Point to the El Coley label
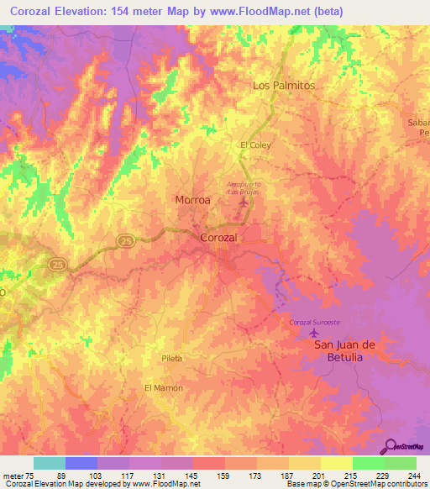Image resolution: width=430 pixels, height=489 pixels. [x=255, y=145]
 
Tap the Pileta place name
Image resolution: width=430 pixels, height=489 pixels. [x=172, y=358]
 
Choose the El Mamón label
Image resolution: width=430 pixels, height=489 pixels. [x=163, y=387]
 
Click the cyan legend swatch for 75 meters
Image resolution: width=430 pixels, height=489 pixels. [x=50, y=463]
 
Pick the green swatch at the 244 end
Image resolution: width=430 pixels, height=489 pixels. [x=401, y=463]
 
